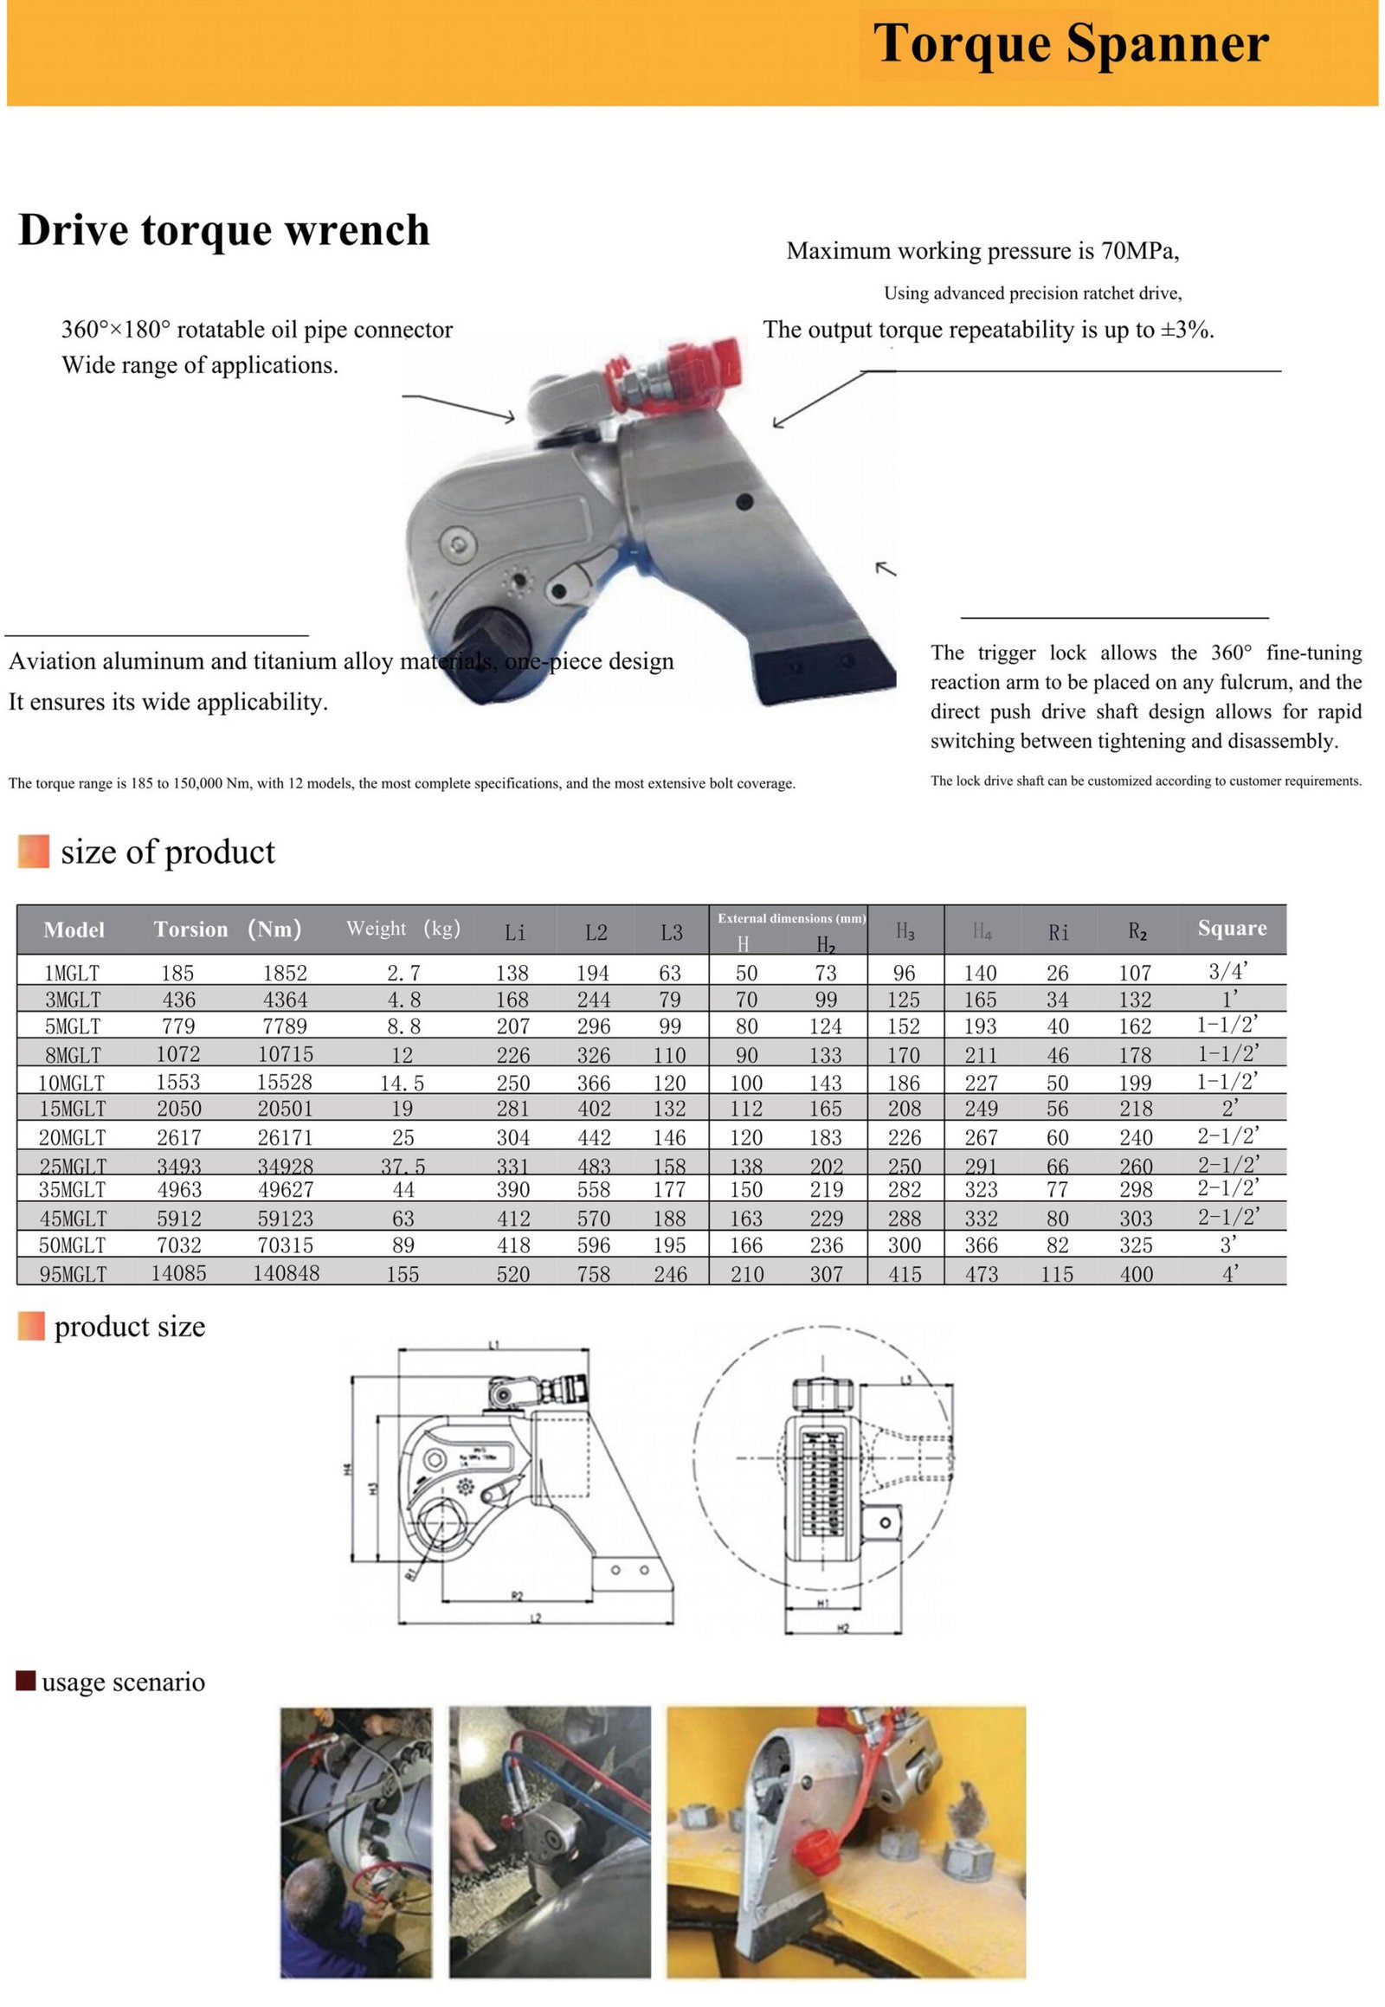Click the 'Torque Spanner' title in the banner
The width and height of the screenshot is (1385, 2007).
coord(1070,43)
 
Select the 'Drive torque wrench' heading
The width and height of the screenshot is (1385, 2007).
coord(224,231)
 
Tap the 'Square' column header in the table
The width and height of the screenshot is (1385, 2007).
coord(1231,929)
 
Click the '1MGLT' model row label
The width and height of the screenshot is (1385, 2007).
coord(72,974)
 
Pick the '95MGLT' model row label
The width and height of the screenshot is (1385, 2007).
coord(73,1274)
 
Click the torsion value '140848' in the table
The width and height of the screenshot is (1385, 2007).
coord(286,1273)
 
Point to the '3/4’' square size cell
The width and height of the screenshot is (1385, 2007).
coord(1228,972)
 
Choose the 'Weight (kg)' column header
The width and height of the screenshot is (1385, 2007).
coord(403,929)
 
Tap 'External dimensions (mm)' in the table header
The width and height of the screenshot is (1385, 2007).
coord(790,918)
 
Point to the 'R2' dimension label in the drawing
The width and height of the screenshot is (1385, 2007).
coord(516,1595)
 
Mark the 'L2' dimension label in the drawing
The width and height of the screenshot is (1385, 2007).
coord(536,1618)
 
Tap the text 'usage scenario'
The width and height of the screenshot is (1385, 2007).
coord(122,1682)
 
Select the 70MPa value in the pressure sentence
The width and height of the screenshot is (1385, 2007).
coord(1138,251)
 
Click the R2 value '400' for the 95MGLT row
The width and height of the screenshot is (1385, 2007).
coord(1135,1274)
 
